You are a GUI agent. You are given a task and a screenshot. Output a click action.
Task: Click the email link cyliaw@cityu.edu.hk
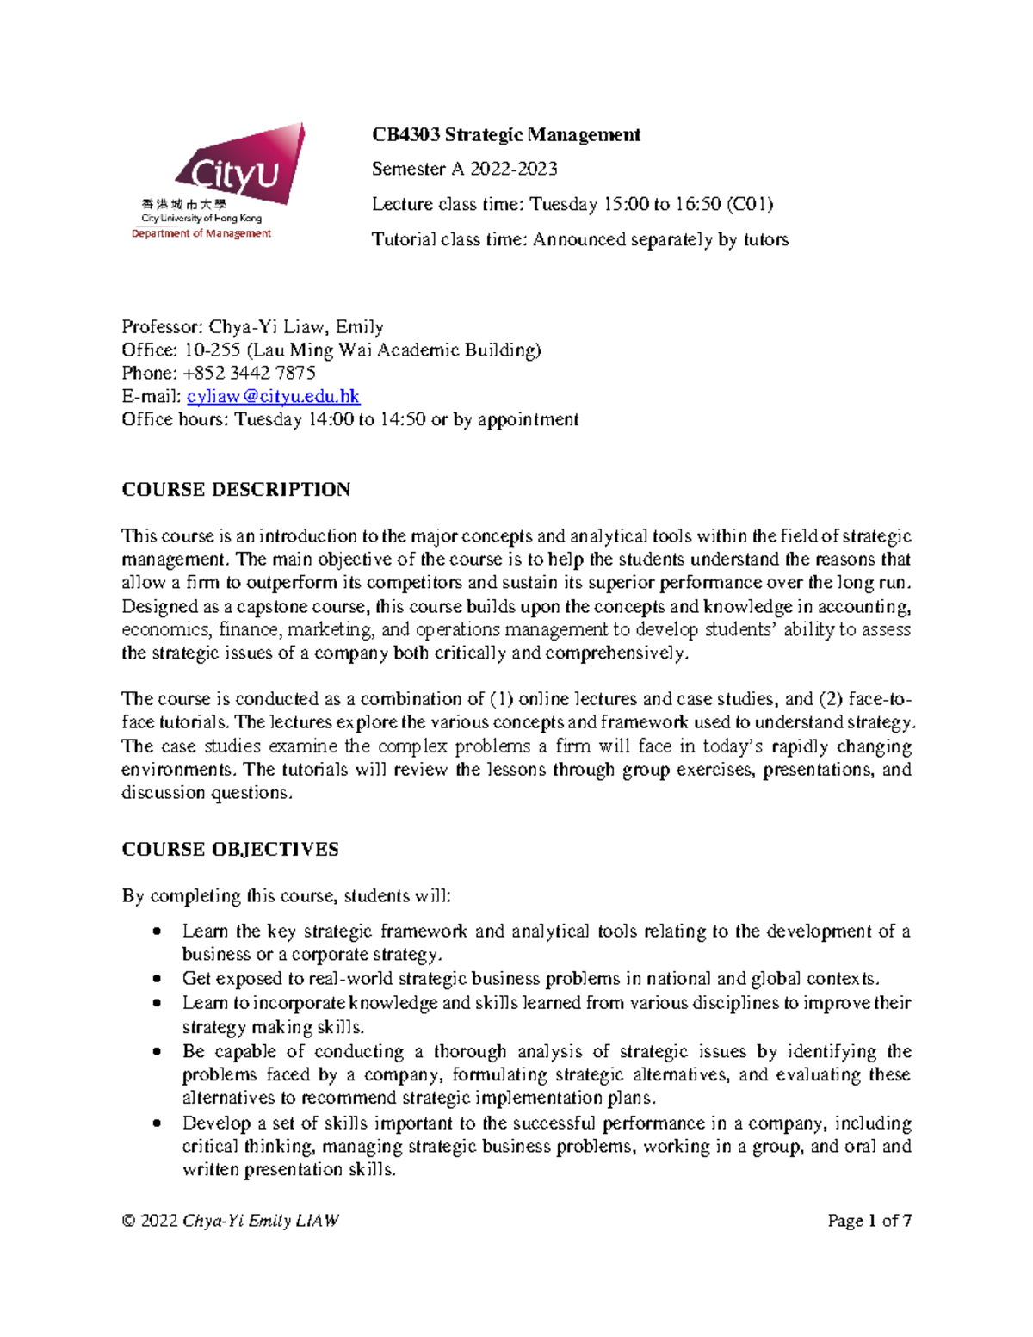pos(273,396)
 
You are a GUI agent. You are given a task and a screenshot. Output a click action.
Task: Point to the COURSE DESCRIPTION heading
pos(236,489)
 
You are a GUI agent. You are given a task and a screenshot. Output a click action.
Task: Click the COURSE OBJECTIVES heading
pos(230,849)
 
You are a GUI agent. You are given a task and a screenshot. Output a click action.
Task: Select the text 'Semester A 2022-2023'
pos(464,169)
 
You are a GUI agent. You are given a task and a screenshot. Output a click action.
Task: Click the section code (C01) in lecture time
pos(749,204)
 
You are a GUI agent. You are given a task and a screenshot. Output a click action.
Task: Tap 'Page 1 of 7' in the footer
pos(869,1220)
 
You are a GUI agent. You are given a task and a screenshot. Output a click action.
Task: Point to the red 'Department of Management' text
pos(201,233)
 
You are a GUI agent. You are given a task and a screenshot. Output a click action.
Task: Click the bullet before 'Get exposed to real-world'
pos(156,979)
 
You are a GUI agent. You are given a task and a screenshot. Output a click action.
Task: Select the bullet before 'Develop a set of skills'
pos(156,1123)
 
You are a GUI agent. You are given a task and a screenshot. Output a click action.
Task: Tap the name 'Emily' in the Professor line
pos(359,326)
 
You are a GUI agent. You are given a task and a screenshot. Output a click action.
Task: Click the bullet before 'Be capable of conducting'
pos(156,1052)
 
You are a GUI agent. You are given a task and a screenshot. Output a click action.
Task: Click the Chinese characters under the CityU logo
pos(183,204)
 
